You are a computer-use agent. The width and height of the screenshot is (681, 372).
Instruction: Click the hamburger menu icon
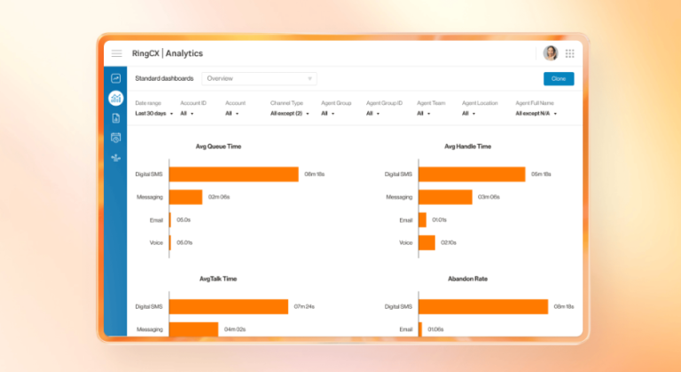(x=116, y=53)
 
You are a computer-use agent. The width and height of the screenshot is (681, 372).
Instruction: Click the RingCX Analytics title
(x=167, y=53)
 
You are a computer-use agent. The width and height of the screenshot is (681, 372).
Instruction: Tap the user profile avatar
(x=550, y=53)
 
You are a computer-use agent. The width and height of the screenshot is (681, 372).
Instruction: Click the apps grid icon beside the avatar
(x=569, y=53)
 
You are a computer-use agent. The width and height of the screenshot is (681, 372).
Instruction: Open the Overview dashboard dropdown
(x=258, y=78)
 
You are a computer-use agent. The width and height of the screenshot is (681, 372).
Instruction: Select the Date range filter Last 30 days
(x=150, y=114)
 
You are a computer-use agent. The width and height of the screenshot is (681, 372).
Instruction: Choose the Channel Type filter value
(x=289, y=114)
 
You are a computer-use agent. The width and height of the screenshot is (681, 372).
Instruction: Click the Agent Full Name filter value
(x=536, y=114)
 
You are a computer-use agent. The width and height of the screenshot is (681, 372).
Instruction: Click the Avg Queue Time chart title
(x=218, y=146)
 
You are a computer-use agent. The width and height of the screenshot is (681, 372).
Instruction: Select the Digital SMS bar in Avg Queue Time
(x=233, y=174)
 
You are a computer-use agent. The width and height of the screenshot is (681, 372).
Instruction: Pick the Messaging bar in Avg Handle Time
(x=445, y=197)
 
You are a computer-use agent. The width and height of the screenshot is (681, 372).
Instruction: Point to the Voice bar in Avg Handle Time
(x=427, y=242)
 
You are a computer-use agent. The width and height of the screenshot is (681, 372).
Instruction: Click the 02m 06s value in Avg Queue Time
(x=219, y=197)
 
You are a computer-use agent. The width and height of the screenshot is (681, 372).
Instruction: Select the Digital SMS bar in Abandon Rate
(x=483, y=306)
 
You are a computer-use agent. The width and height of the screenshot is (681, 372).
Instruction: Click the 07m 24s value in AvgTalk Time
(x=305, y=306)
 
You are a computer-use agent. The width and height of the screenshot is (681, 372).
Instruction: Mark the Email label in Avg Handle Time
(x=405, y=220)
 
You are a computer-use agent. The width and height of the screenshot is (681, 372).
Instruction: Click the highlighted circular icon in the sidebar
(x=115, y=98)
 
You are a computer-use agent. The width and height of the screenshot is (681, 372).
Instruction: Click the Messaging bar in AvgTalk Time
(x=193, y=329)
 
